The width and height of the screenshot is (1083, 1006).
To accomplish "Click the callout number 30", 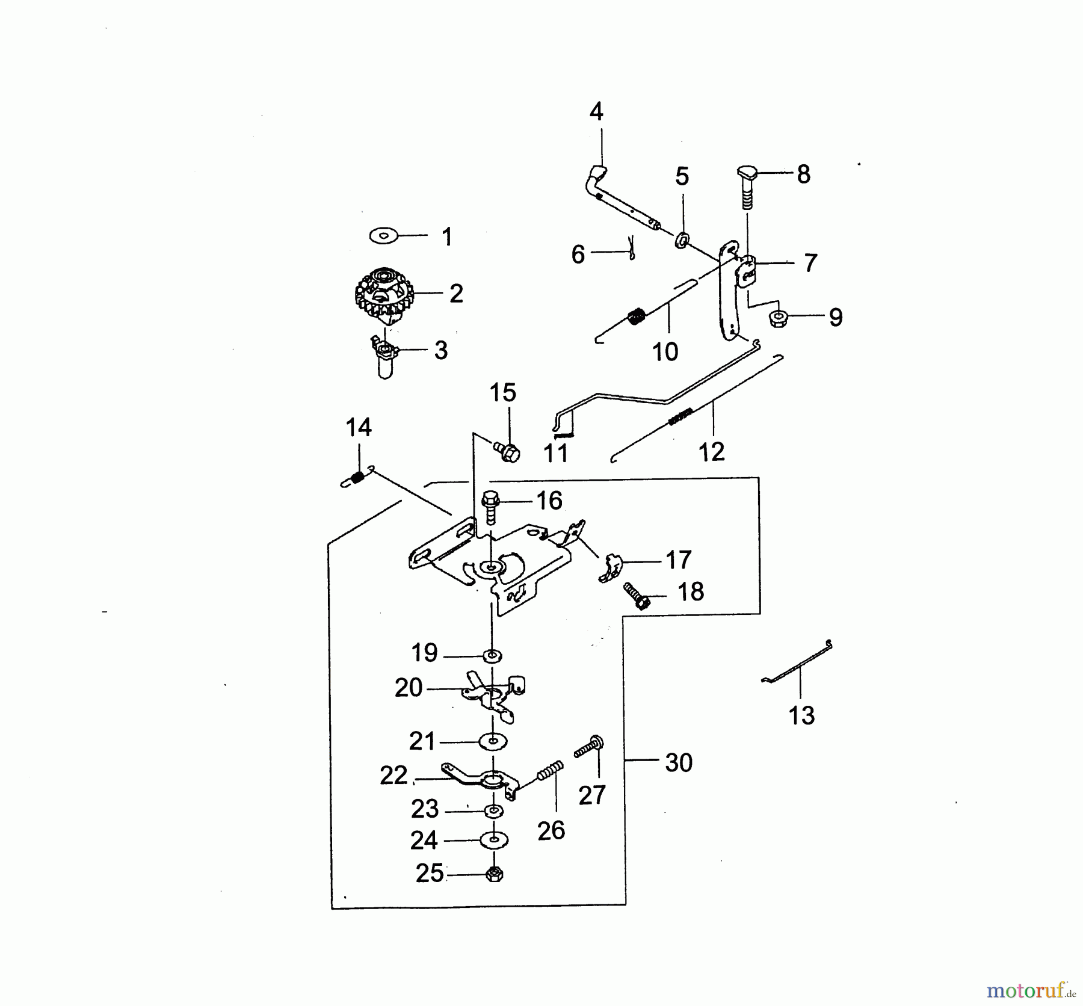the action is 679,762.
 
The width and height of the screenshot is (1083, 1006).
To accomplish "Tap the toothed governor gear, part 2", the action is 381,296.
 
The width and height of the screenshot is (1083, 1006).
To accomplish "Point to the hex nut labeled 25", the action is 495,874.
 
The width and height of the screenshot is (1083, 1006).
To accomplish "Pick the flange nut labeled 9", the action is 779,317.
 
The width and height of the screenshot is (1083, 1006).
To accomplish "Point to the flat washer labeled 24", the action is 494,839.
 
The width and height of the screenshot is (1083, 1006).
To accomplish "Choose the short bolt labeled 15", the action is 507,451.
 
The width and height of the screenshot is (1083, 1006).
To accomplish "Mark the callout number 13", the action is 801,715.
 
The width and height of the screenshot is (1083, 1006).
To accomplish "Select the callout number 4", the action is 596,112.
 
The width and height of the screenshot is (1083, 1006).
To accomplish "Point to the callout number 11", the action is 555,453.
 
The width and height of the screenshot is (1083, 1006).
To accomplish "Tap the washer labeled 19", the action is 493,655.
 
